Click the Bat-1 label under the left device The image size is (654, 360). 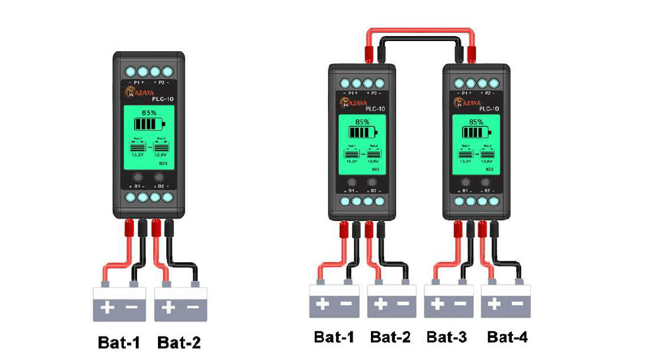click(x=119, y=342)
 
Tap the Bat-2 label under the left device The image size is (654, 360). click(x=179, y=342)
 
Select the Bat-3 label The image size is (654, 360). click(x=447, y=337)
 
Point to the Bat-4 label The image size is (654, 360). click(x=507, y=337)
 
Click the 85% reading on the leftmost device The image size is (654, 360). click(x=149, y=112)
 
